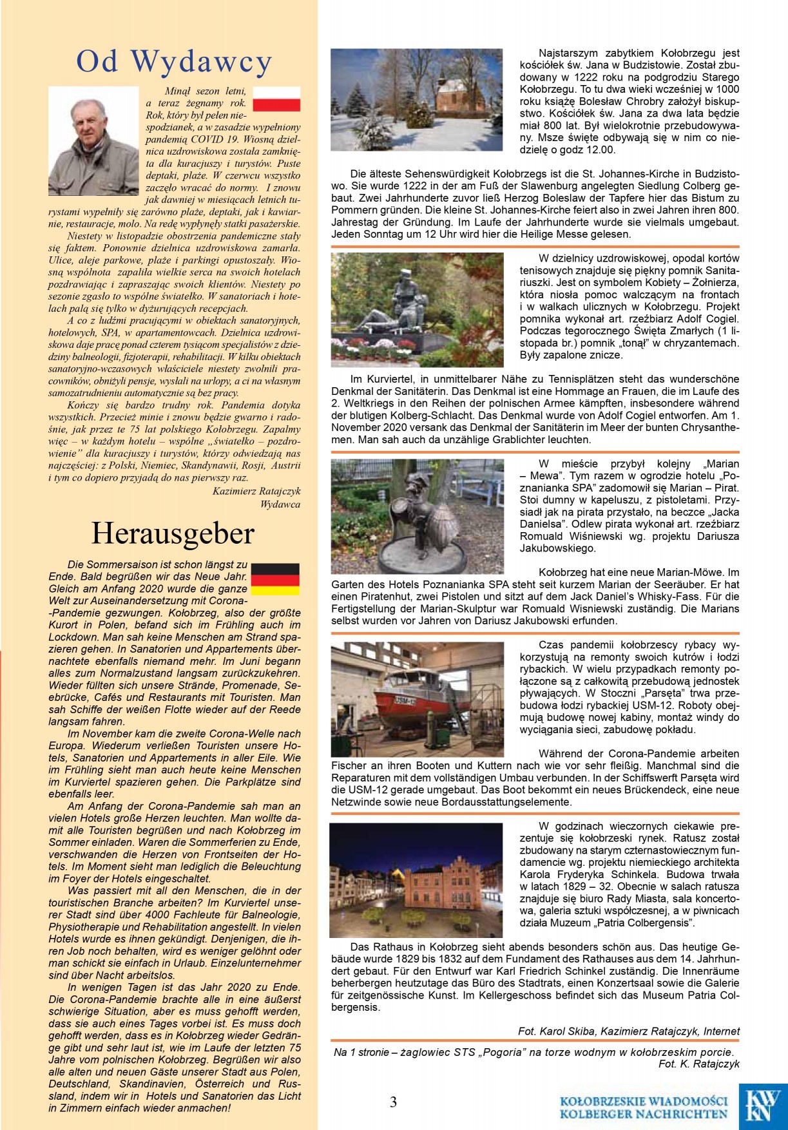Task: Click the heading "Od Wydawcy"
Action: pyautogui.click(x=174, y=62)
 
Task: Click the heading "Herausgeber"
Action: pyautogui.click(x=173, y=533)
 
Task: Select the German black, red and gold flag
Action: pyautogui.click(x=275, y=579)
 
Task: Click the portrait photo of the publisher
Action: pyautogui.click(x=93, y=141)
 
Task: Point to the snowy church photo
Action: pyautogui.click(x=416, y=100)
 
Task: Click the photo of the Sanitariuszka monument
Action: pyautogui.click(x=417, y=310)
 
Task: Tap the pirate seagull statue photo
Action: pyautogui.click(x=417, y=516)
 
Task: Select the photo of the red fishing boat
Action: pyautogui.click(x=417, y=700)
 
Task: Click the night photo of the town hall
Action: pyautogui.click(x=416, y=880)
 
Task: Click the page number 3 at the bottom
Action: pyautogui.click(x=393, y=1102)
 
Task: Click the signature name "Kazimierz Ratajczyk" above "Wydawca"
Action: pyautogui.click(x=256, y=492)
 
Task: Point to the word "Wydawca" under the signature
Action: pyautogui.click(x=280, y=504)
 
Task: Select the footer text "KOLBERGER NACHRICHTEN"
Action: pyautogui.click(x=643, y=1114)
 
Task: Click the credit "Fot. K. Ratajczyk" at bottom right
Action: pyautogui.click(x=699, y=1064)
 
